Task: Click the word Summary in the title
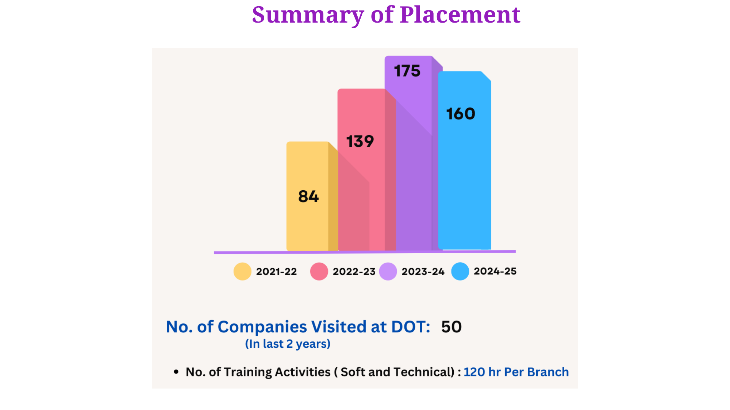click(308, 15)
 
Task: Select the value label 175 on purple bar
click(407, 71)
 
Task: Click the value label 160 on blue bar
click(461, 114)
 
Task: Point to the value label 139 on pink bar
click(360, 141)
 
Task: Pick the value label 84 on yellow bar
click(308, 197)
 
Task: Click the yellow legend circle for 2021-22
click(242, 272)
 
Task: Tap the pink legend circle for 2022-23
click(319, 272)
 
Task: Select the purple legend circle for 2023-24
click(388, 272)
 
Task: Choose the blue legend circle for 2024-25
click(460, 272)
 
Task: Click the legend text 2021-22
click(276, 272)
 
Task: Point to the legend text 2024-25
click(495, 272)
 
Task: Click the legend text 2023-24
click(423, 272)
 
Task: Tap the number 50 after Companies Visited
click(452, 327)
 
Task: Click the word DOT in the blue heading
click(410, 327)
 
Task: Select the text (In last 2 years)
click(288, 344)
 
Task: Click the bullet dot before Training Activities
click(176, 372)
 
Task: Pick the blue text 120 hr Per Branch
click(516, 372)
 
